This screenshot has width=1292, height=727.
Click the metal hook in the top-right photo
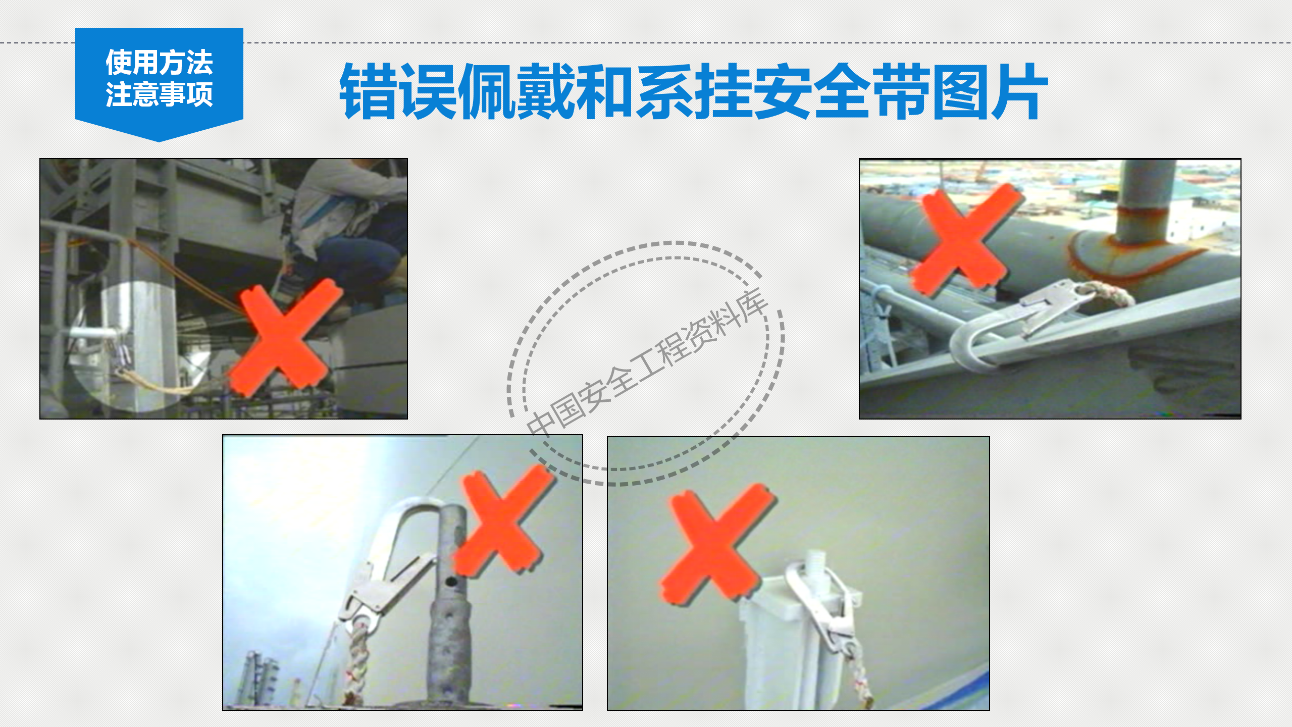pyautogui.click(x=1015, y=323)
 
